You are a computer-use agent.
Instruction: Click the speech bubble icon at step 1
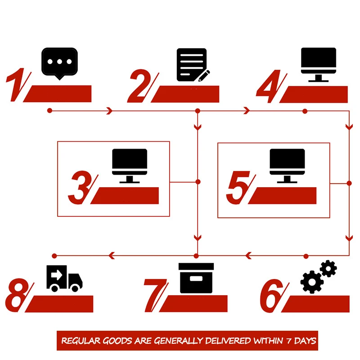tap(59, 63)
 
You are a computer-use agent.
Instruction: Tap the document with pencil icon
tap(193, 65)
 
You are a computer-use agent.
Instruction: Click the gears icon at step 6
tap(319, 276)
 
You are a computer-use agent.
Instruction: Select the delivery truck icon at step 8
tap(64, 278)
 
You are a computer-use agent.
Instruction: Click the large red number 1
tap(17, 84)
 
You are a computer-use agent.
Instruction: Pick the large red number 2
tap(140, 85)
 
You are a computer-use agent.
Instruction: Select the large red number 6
tap(272, 296)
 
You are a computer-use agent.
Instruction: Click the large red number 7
tap(155, 296)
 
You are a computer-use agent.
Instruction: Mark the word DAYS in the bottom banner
tap(306, 341)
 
